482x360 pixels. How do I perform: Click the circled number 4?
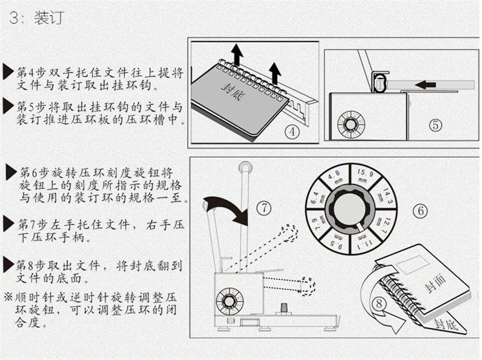click(292, 131)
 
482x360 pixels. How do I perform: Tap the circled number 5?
click(436, 125)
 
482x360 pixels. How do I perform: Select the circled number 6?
click(419, 210)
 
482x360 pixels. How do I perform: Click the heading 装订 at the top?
click(48, 18)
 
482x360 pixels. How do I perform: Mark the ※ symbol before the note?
click(8, 298)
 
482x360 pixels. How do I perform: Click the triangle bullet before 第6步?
click(11, 172)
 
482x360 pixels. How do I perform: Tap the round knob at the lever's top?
click(245, 168)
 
